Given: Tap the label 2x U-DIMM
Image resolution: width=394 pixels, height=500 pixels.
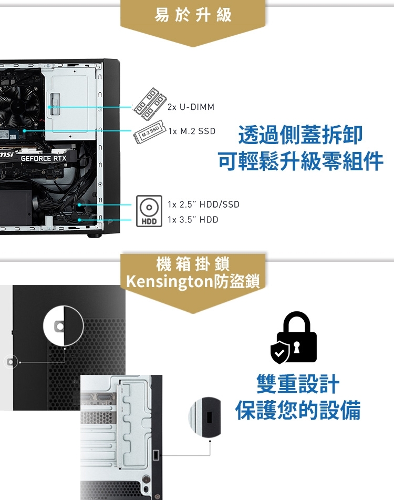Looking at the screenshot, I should coord(191,107).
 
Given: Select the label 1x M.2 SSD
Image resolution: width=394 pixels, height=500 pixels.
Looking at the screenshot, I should coord(192,131).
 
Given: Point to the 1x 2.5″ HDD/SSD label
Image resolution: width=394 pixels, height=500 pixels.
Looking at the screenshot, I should coord(203,205).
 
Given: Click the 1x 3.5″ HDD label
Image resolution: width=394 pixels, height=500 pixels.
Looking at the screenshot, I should coord(193,220).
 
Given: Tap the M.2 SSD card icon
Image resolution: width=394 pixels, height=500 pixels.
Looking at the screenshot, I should coord(149,132).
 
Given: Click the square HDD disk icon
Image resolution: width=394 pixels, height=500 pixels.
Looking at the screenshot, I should coord(149,211).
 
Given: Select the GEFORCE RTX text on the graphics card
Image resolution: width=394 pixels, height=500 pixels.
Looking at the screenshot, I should coord(44,158).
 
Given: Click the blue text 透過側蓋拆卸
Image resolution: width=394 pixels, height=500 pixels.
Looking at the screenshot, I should coord(300,136).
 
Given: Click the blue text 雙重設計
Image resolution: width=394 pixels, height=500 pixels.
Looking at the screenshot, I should coord(298,384).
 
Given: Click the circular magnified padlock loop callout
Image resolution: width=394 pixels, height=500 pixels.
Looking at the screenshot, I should coord(64,326).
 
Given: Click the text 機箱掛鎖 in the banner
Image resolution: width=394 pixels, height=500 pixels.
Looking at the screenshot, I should coord(193,264).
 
